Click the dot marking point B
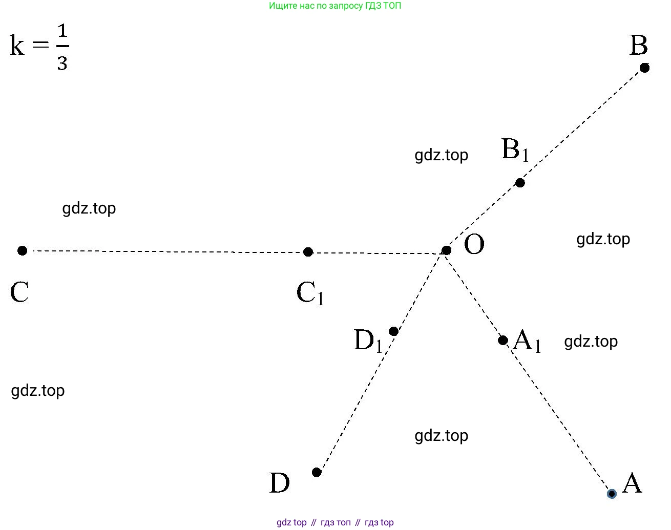click(645, 68)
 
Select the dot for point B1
click(520, 183)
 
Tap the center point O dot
click(446, 250)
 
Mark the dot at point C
click(22, 250)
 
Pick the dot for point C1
click(308, 252)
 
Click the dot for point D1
click(393, 331)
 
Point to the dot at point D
click(317, 472)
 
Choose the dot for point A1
click(503, 340)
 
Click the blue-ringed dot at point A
click(612, 494)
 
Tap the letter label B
click(638, 46)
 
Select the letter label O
click(474, 245)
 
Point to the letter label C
click(19, 293)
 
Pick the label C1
click(310, 294)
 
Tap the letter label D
click(280, 483)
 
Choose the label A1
click(527, 341)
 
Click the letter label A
click(632, 483)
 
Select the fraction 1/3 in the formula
click(62, 48)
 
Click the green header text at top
click(335, 6)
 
